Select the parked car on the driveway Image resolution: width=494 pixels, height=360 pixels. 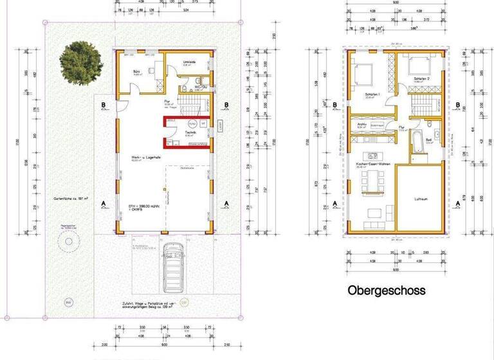(x=172, y=267)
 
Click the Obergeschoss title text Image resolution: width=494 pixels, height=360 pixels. (x=386, y=290)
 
